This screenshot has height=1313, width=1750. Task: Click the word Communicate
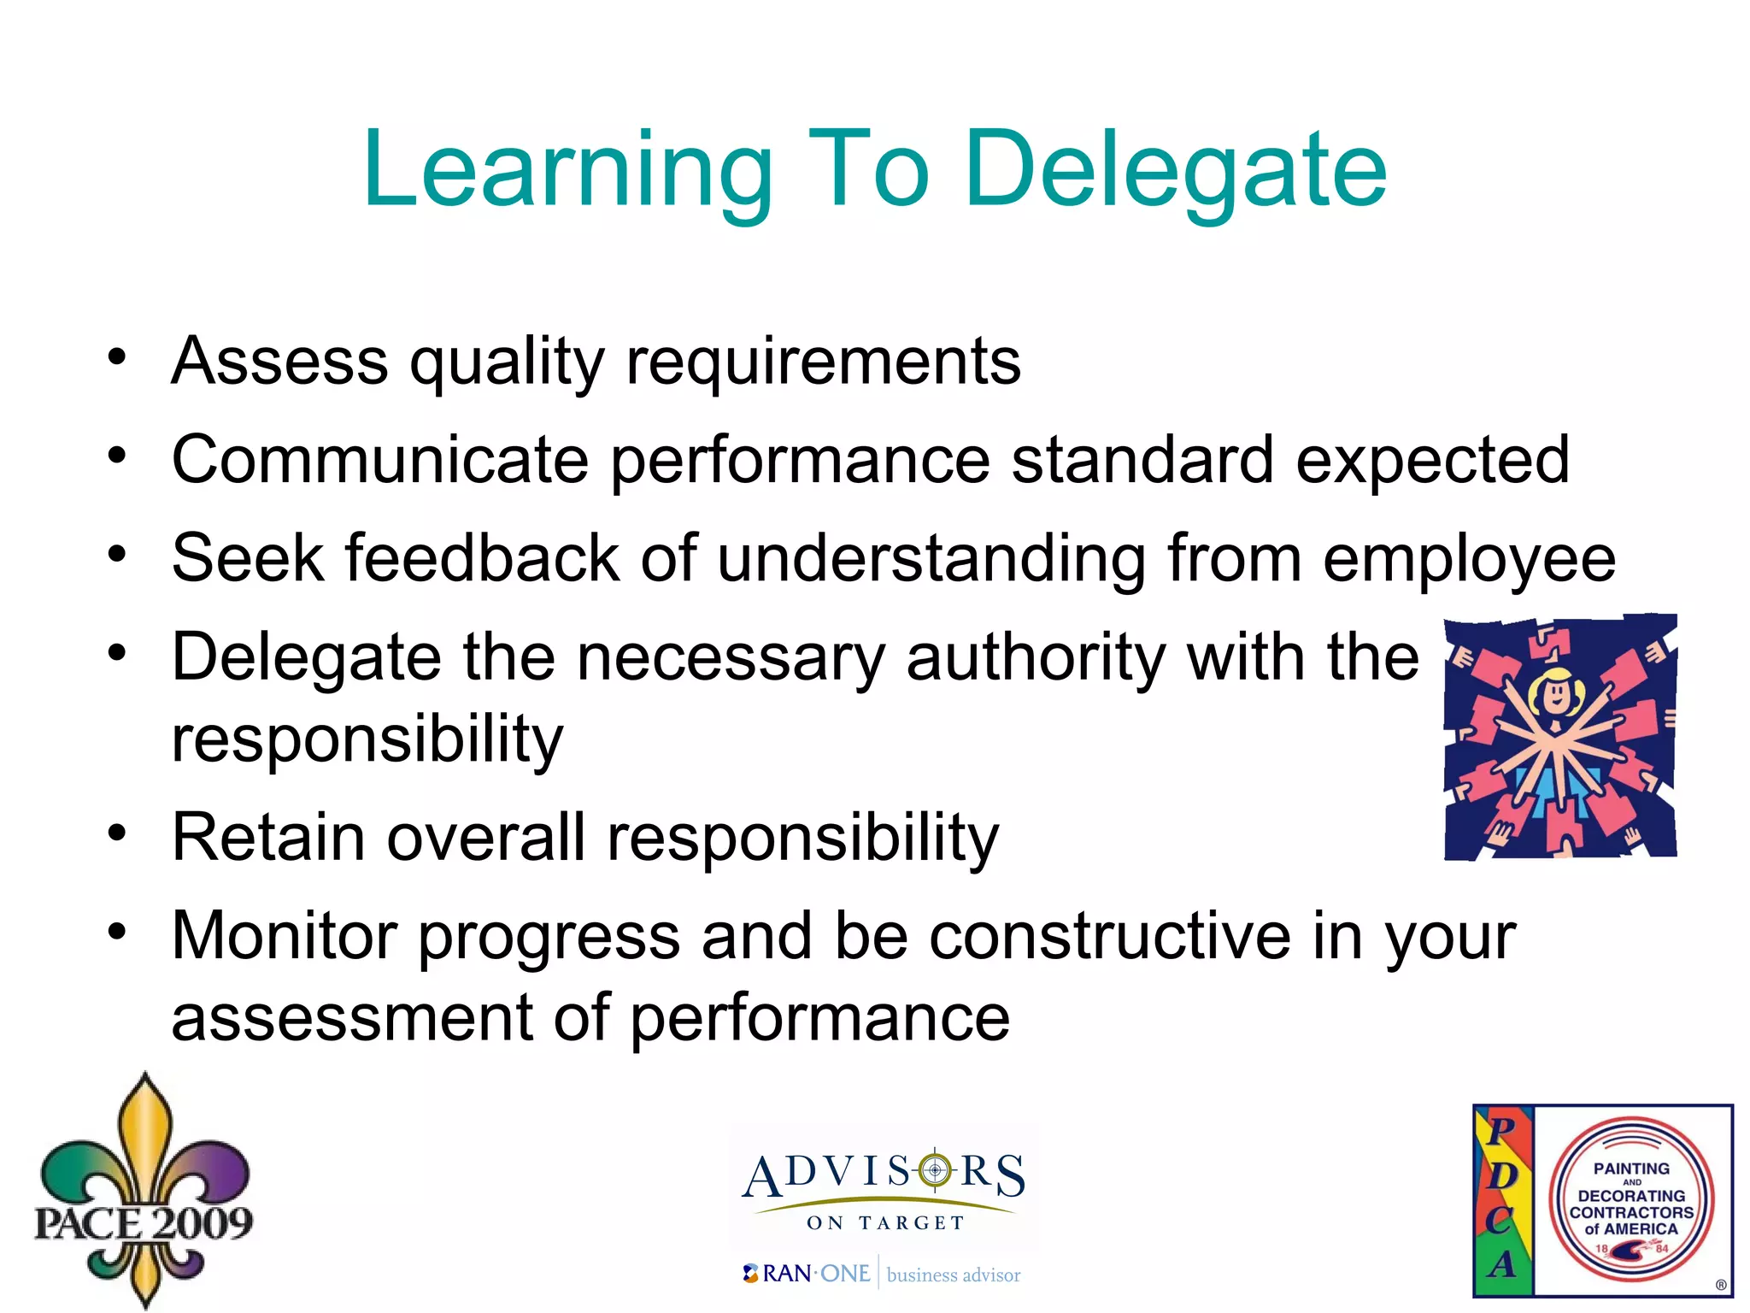pyautogui.click(x=380, y=460)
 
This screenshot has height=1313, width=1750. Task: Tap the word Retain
pyautogui.click(x=268, y=837)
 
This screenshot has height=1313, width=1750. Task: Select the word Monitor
pyautogui.click(x=284, y=936)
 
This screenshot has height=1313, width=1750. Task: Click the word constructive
pyautogui.click(x=1109, y=936)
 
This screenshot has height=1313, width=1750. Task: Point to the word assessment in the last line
pyautogui.click(x=351, y=1018)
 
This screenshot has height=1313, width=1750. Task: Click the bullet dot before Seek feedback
pyautogui.click(x=117, y=555)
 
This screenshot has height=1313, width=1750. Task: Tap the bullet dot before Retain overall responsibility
pyautogui.click(x=117, y=833)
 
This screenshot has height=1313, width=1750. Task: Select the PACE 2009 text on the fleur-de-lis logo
pyautogui.click(x=144, y=1222)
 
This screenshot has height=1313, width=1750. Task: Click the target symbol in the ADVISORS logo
pyautogui.click(x=935, y=1169)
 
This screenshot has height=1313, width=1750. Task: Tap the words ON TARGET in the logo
pyautogui.click(x=885, y=1223)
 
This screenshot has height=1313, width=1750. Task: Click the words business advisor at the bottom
pyautogui.click(x=954, y=1275)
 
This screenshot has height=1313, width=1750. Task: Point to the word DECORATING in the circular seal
pyautogui.click(x=1631, y=1196)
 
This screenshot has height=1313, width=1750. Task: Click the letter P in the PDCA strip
pyautogui.click(x=1500, y=1130)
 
